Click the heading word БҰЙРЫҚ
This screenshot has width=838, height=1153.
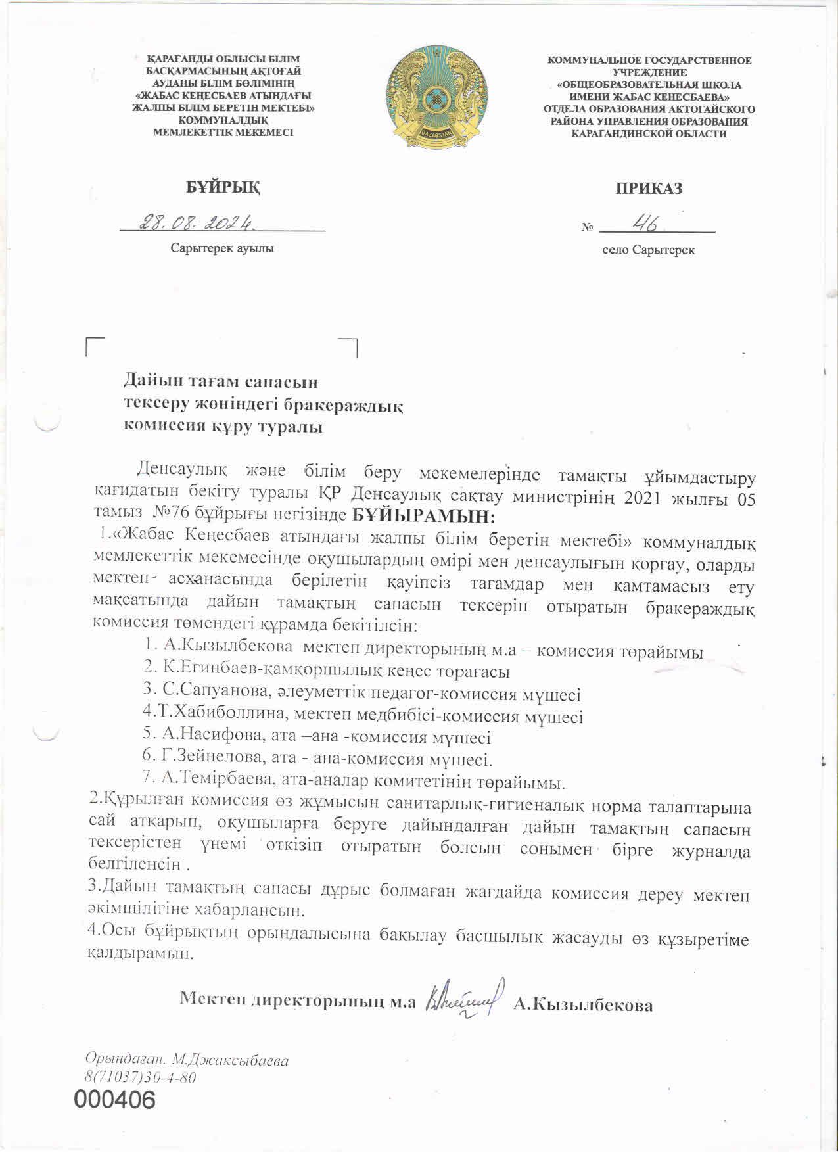coord(222,187)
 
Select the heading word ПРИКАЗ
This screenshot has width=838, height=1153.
coord(648,189)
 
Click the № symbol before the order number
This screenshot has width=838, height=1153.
coord(587,227)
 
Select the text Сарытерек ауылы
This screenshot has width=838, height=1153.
coord(222,248)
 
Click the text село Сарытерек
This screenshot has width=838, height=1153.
coord(648,250)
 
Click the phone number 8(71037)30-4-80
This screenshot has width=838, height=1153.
coord(140,1078)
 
